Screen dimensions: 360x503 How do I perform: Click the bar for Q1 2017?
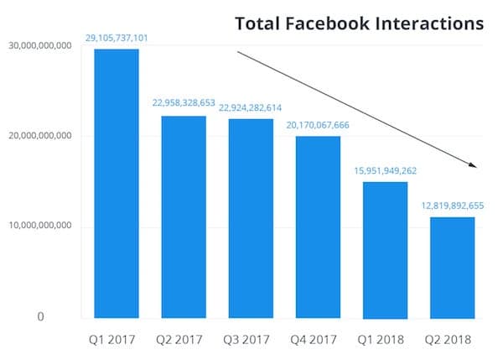117,184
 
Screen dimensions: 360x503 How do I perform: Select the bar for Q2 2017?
184,217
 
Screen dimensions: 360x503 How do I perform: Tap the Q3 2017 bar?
251,219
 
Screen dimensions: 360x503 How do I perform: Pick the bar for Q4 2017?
318,227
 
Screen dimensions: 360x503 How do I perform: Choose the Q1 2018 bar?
385,250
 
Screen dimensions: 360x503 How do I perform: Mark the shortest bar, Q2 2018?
452,268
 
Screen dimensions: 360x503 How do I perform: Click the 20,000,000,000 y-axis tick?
39,135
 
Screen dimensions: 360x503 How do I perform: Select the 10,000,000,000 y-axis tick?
39,227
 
